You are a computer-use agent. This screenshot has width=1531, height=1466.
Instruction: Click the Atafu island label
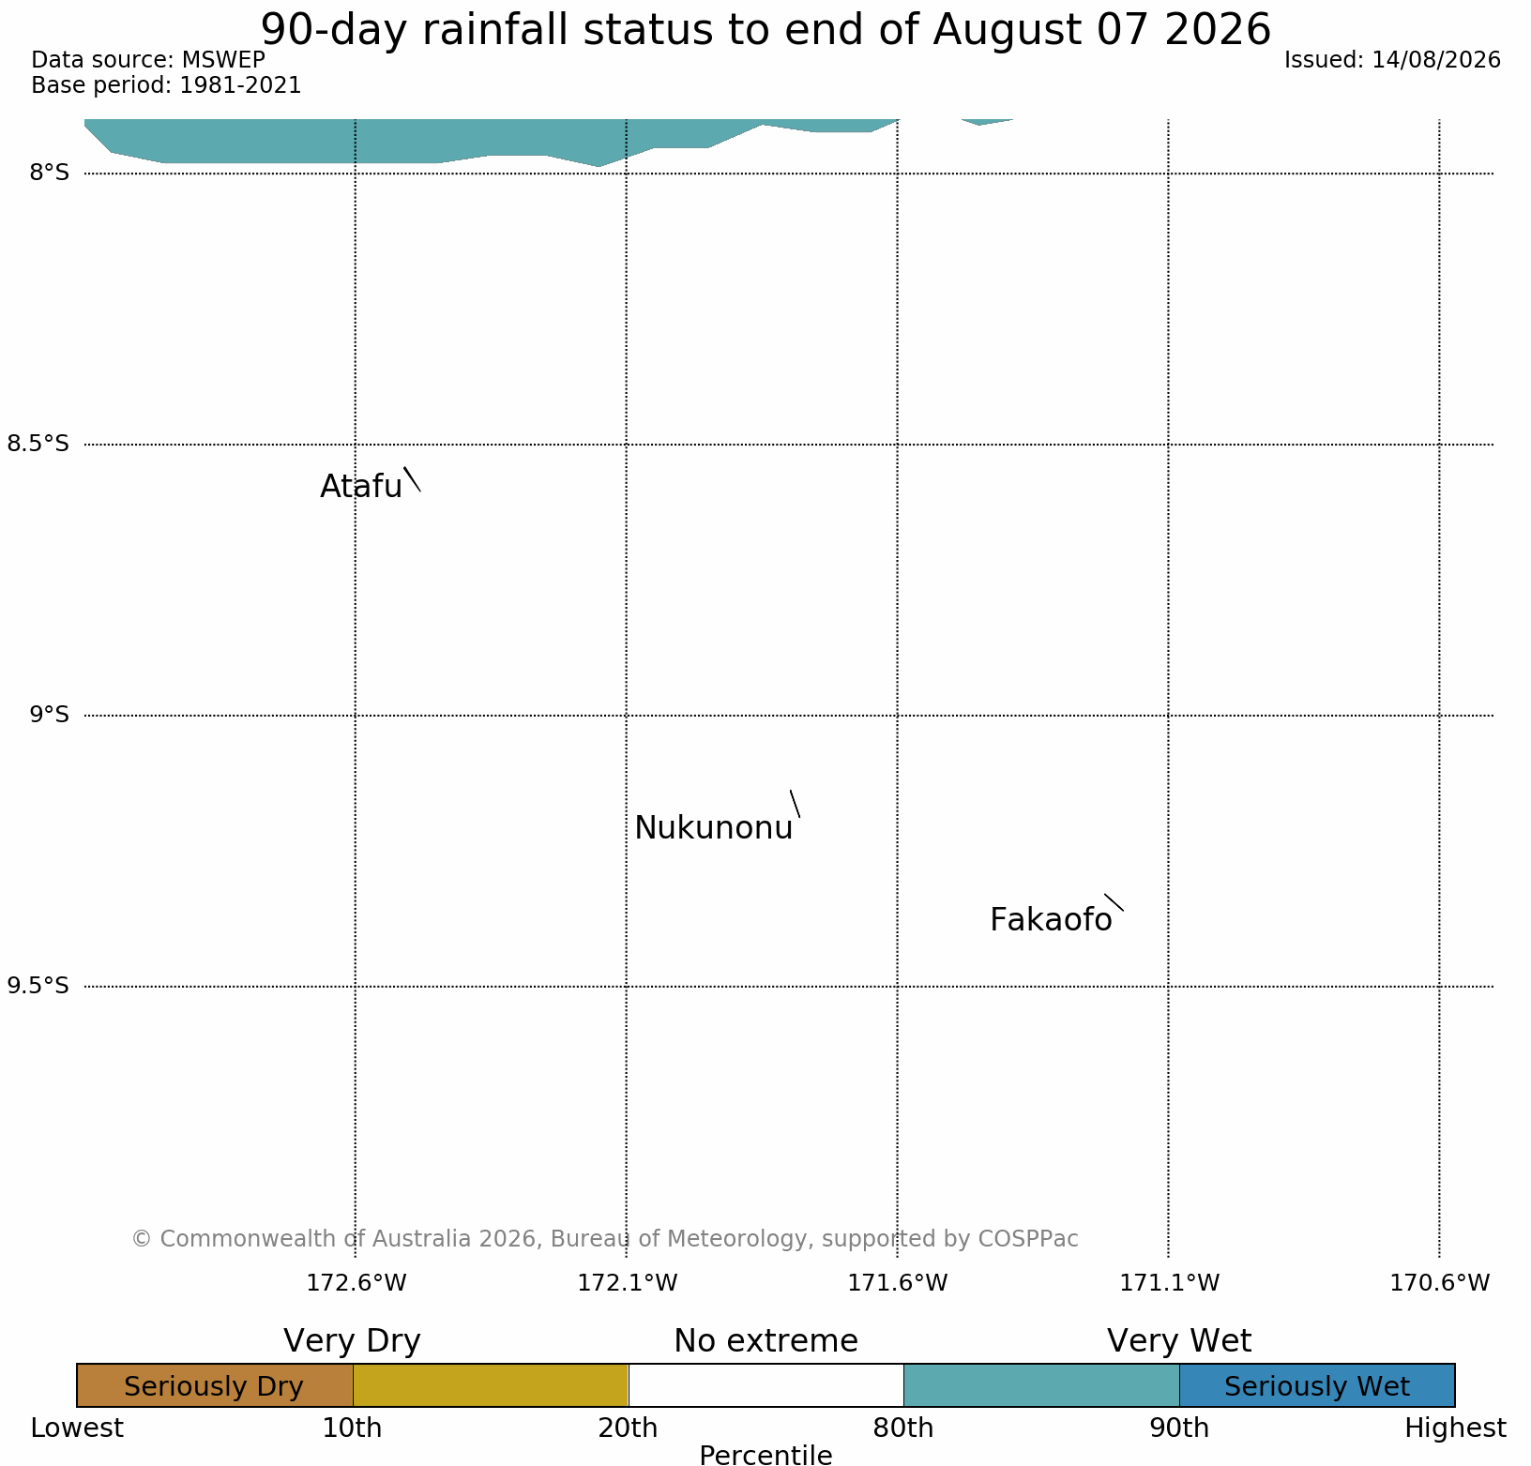(x=361, y=486)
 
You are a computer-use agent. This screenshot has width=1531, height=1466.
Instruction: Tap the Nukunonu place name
(x=714, y=828)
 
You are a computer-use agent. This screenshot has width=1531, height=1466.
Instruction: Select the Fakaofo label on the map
(x=1051, y=920)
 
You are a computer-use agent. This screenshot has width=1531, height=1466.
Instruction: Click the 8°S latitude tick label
(x=50, y=173)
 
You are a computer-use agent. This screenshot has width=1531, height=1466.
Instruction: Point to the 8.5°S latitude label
(x=38, y=444)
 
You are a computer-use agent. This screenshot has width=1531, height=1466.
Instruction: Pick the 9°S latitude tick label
(x=50, y=715)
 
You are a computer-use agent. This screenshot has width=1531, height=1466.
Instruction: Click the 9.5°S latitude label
(x=38, y=986)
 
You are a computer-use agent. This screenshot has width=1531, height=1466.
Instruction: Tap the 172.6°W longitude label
(x=356, y=1282)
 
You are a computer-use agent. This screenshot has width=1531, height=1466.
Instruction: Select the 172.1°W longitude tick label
(x=627, y=1282)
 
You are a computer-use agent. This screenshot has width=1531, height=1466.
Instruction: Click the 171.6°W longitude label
(x=898, y=1282)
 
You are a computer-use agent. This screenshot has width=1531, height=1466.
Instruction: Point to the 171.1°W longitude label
(x=1170, y=1282)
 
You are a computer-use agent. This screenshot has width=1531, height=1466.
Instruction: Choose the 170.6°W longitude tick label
(x=1440, y=1282)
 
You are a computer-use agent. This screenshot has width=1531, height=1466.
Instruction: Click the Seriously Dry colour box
(x=215, y=1385)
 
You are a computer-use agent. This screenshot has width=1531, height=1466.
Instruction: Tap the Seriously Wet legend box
(x=1317, y=1385)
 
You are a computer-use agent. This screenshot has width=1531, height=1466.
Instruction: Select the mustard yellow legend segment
(x=491, y=1385)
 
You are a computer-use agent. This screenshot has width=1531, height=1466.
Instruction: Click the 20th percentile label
(x=629, y=1428)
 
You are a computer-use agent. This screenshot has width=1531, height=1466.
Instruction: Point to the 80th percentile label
(x=903, y=1428)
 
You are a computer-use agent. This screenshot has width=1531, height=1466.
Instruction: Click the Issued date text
(x=1392, y=60)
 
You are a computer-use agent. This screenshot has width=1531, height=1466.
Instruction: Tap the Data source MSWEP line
(x=148, y=60)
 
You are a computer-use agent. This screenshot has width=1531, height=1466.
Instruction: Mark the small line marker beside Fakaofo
(x=1114, y=902)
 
